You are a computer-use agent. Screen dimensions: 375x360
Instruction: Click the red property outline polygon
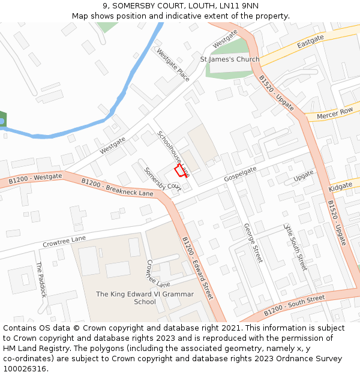181,171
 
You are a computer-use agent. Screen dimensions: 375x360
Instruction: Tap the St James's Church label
230,59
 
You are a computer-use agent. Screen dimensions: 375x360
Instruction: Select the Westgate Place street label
173,65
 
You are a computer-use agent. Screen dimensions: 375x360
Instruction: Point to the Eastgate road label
310,41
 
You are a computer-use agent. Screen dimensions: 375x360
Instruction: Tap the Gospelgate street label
241,174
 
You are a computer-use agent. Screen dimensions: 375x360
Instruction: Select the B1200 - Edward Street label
197,268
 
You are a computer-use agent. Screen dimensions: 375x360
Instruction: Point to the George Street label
253,243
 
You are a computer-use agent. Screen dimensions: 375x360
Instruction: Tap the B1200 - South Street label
295,305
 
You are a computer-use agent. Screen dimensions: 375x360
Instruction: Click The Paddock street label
40,280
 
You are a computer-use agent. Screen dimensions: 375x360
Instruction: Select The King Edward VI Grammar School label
145,298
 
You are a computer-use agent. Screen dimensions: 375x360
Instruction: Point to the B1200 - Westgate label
35,179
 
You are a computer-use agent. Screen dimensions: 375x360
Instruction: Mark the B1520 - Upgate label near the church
277,93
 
